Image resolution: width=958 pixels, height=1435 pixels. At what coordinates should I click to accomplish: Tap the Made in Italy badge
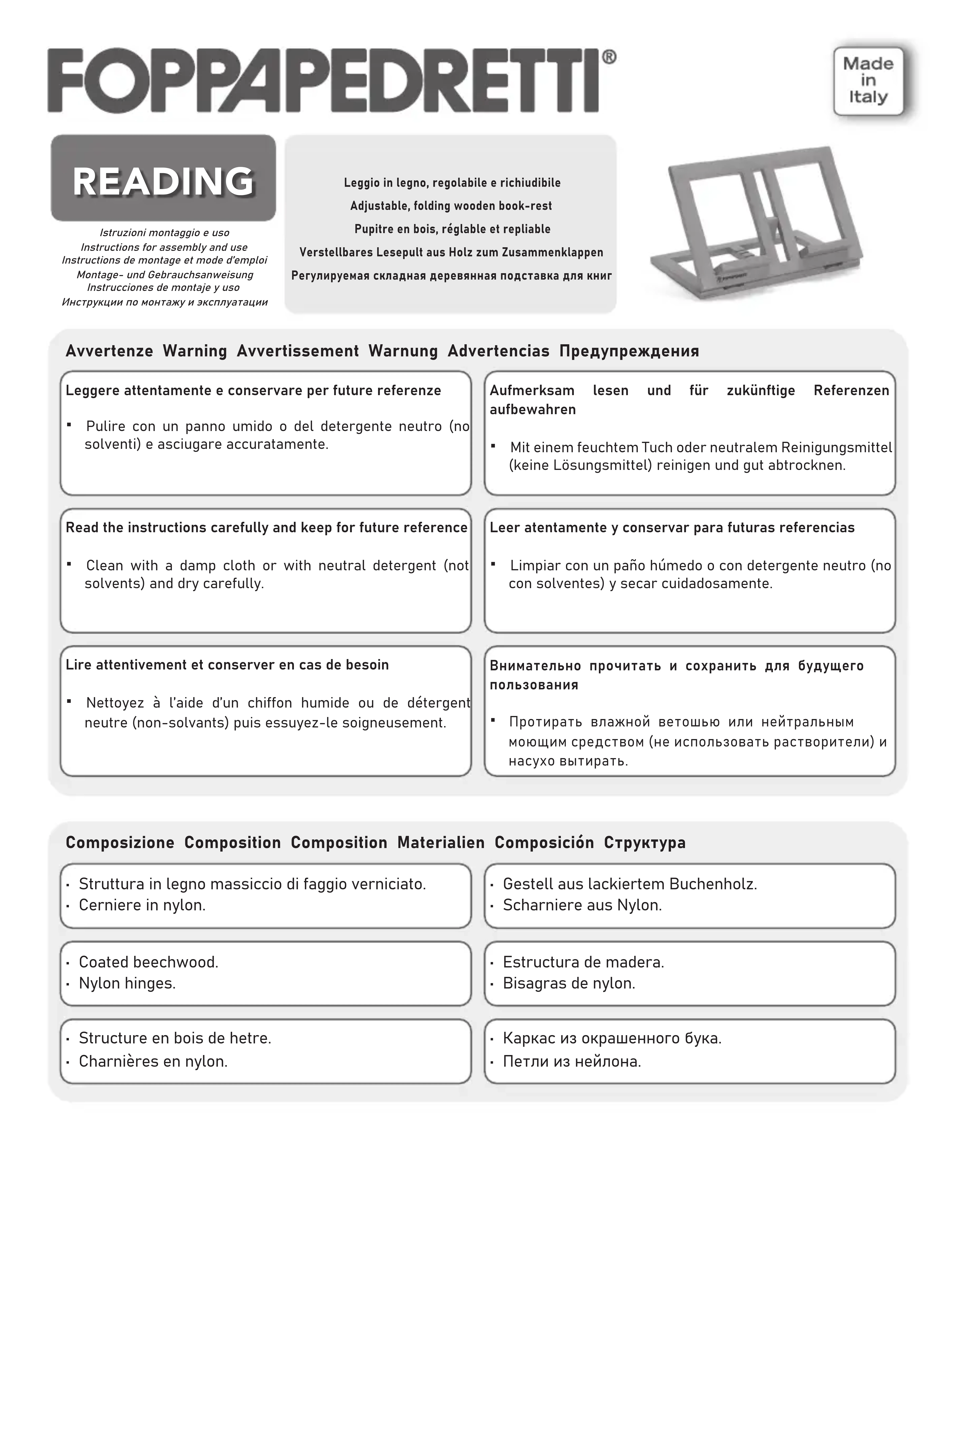click(868, 81)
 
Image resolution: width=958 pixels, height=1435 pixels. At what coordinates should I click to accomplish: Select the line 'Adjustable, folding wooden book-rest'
click(451, 206)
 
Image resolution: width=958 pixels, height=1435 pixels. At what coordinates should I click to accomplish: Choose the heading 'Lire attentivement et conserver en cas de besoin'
click(227, 665)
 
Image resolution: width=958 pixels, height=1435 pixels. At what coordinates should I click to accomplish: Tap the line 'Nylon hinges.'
click(127, 984)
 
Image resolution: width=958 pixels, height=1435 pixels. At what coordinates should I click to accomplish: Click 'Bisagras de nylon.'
click(569, 984)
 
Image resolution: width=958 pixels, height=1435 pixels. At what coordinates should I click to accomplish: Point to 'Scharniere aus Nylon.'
click(582, 905)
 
